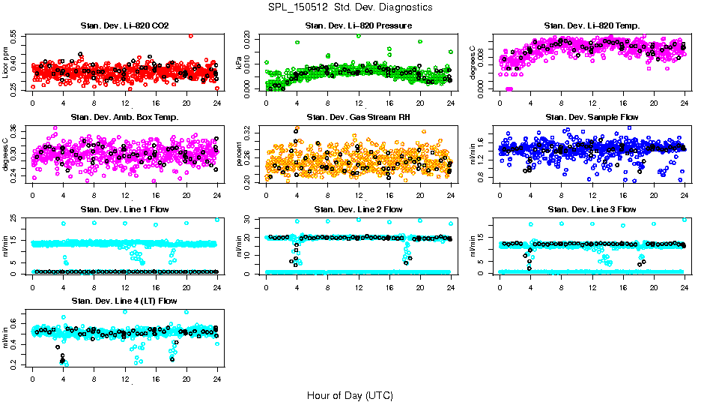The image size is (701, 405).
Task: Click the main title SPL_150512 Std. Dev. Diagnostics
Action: (350, 7)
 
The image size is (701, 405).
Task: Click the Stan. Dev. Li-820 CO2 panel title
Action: (124, 26)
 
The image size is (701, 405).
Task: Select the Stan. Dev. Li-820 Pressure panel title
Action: (358, 26)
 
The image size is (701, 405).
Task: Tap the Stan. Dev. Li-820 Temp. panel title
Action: (592, 26)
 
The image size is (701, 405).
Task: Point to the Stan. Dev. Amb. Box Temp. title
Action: (124, 117)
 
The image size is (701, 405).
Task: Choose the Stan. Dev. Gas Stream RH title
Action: (358, 117)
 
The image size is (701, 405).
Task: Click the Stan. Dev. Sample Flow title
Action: (592, 117)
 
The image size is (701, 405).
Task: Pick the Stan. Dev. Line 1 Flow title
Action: (124, 209)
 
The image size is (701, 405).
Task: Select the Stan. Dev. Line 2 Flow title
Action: (358, 209)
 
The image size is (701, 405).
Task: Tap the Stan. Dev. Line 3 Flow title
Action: (592, 209)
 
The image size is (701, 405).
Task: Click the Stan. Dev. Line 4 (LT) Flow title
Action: (124, 301)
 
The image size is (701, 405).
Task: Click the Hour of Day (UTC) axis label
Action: (350, 394)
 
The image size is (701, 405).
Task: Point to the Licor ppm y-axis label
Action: (6, 62)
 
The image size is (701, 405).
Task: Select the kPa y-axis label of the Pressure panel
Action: (240, 62)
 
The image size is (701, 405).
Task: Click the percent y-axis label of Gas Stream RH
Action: (240, 153)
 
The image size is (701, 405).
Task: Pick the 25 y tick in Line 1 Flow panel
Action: (16, 218)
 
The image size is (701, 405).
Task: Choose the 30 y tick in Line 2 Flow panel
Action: (249, 218)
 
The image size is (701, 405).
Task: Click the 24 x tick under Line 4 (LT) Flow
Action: (217, 378)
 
